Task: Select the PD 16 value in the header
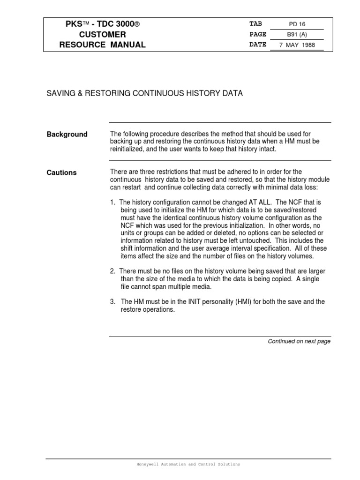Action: [x=299, y=24]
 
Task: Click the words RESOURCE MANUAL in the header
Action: [x=102, y=45]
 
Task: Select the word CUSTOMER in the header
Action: [x=102, y=35]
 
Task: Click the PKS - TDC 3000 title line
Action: [x=102, y=24]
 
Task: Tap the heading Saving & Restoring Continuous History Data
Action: [x=144, y=93]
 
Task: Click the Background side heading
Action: [x=67, y=135]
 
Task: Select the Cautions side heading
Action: [x=61, y=172]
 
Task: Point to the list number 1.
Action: [x=112, y=202]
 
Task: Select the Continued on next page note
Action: [x=299, y=341]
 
